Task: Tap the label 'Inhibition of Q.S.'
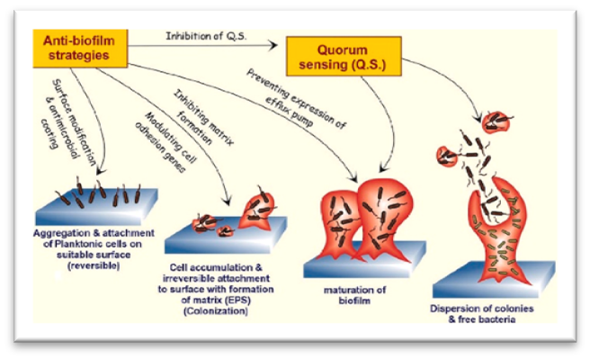(205, 36)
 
